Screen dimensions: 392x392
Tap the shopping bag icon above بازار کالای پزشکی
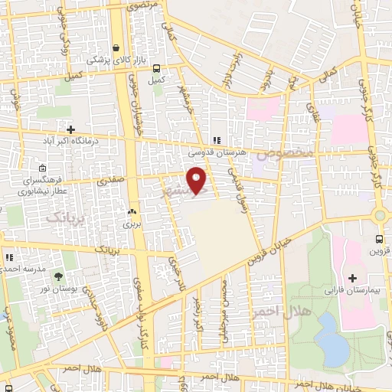click(x=115, y=47)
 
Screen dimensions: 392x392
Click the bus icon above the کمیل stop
click(x=157, y=67)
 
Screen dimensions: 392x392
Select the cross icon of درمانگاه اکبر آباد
click(x=71, y=129)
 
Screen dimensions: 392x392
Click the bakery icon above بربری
click(x=132, y=212)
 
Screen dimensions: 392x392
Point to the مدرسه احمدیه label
click(x=22, y=269)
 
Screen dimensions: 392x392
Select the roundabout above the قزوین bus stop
click(x=381, y=215)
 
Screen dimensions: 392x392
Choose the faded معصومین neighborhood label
click(x=285, y=154)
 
